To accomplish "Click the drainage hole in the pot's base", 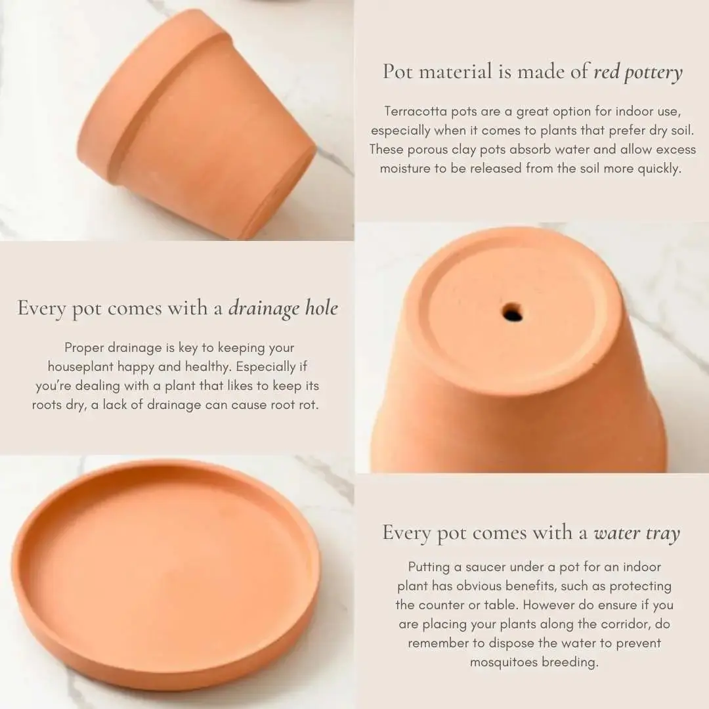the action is [512, 312].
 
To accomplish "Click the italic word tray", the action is [662, 534].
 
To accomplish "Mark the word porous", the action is [429, 150].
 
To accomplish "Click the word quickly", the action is [659, 169].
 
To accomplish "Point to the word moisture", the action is [405, 169].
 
